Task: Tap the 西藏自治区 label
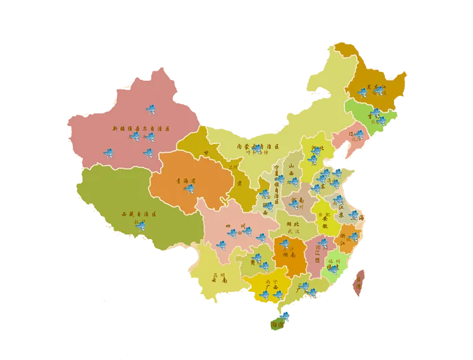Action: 140,214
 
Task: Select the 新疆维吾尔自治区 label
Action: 140,128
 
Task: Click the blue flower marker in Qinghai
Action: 189,188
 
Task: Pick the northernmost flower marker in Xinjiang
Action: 150,109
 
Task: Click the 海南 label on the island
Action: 277,324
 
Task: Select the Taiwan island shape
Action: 359,283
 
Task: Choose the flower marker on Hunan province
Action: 284,243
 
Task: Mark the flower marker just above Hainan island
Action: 285,315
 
